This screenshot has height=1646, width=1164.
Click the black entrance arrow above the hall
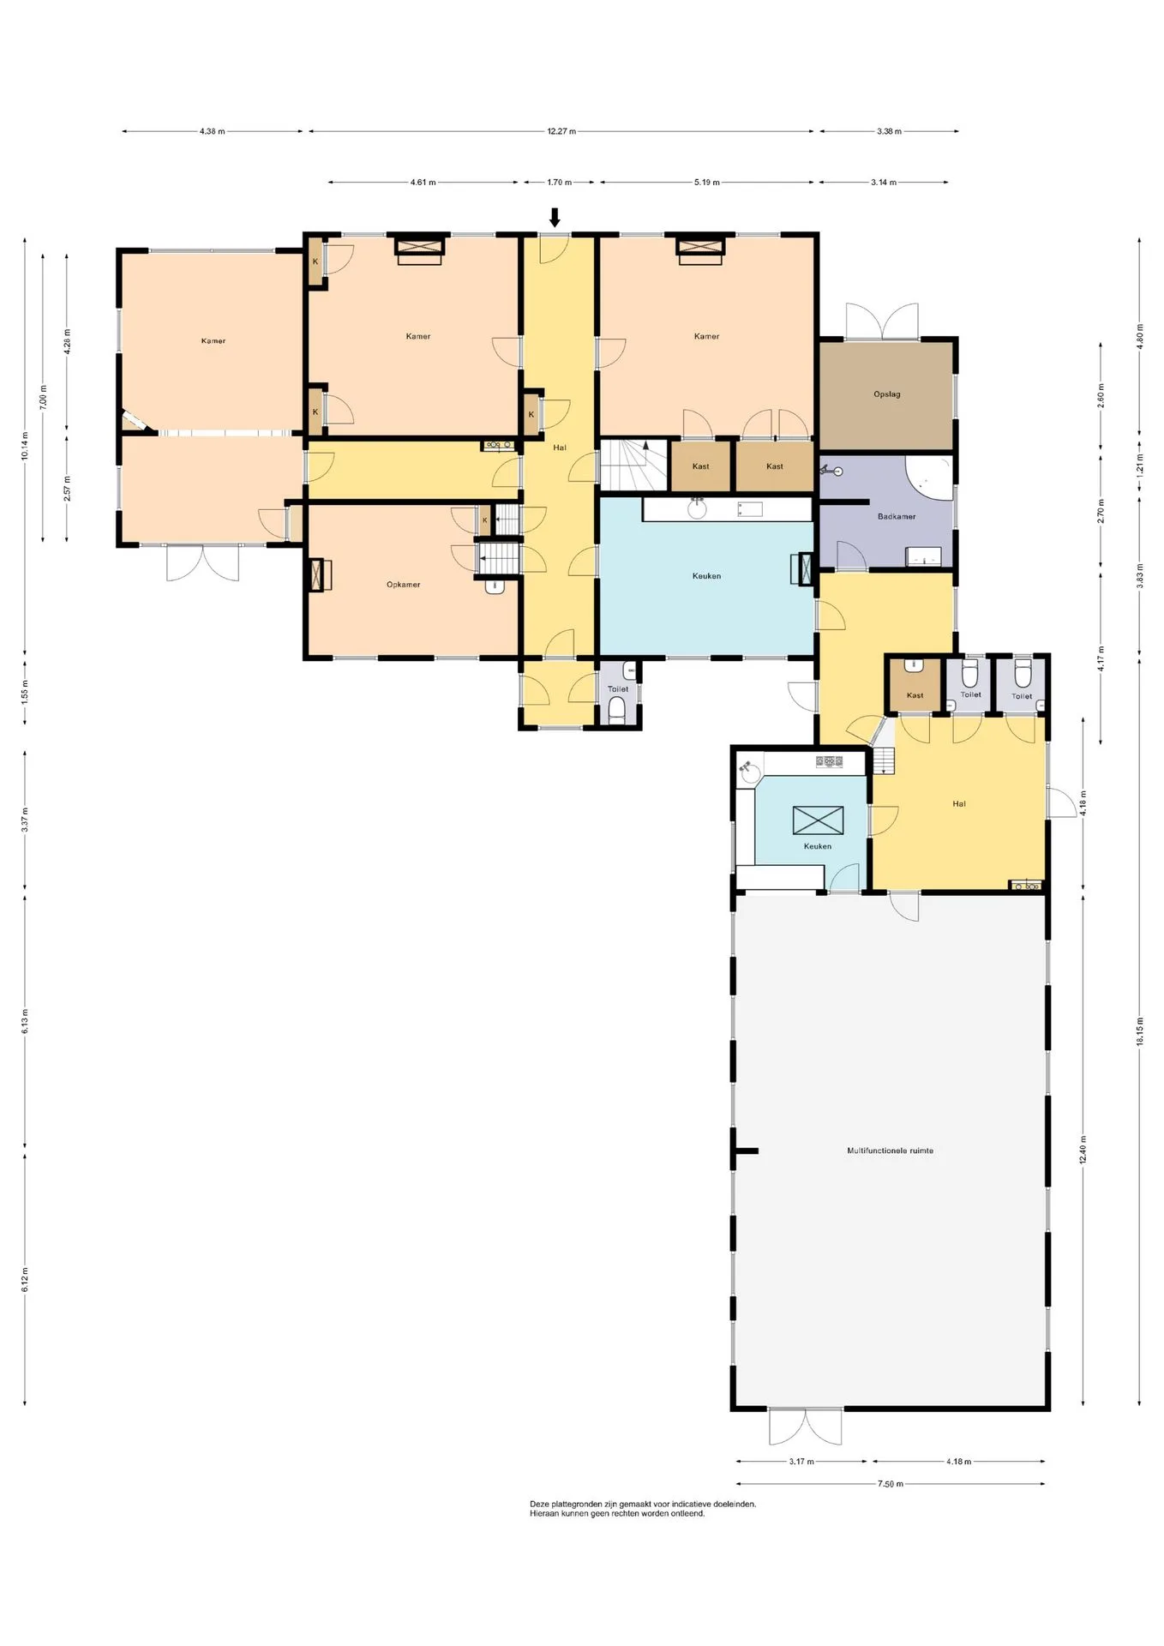click(555, 218)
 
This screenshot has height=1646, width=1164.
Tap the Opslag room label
click(886, 394)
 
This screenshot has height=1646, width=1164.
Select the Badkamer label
click(897, 516)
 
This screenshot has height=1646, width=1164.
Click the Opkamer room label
click(403, 585)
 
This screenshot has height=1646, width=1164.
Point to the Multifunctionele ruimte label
click(890, 1150)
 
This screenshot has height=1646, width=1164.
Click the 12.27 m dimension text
click(561, 131)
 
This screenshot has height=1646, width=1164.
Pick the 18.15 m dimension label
click(1140, 1031)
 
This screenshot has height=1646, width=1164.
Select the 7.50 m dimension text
click(891, 1484)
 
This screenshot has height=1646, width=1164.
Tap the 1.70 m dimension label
click(559, 182)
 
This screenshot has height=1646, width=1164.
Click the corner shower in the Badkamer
click(929, 477)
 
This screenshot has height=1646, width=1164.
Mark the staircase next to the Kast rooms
click(633, 465)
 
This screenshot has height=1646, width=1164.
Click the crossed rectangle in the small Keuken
click(818, 820)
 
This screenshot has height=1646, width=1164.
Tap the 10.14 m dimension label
click(25, 444)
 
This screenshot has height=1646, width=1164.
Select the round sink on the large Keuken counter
click(698, 509)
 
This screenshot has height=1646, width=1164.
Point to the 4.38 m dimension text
click(212, 131)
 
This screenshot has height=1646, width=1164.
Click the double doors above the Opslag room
click(882, 321)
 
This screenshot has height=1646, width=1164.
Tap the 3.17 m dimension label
click(801, 1462)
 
